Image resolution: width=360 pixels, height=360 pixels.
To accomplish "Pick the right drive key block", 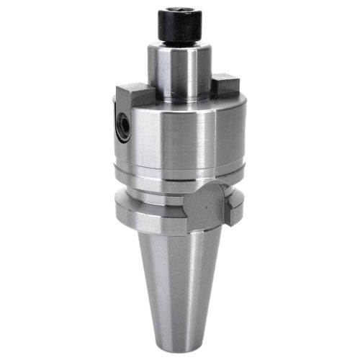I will coord(226,86).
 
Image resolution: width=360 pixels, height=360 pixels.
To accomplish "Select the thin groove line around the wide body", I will coord(180,173).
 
